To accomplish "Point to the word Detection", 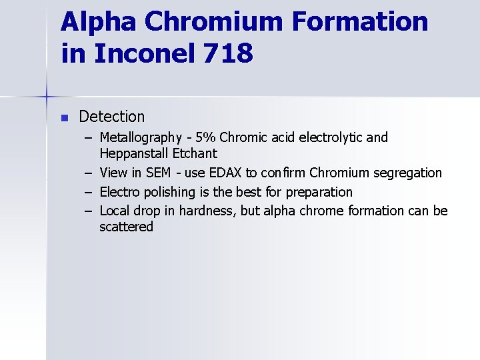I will [111, 117].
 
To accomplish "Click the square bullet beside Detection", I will [64, 117].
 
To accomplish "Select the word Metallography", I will [141, 138].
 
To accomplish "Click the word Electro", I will [120, 193].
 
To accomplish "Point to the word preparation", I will [319, 193].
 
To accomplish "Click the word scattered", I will [126, 227].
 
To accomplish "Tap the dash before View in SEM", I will [89, 173].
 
